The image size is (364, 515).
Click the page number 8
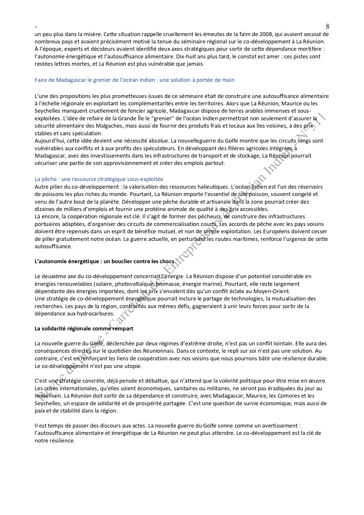tap(327, 26)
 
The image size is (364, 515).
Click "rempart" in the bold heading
tap(123, 328)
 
